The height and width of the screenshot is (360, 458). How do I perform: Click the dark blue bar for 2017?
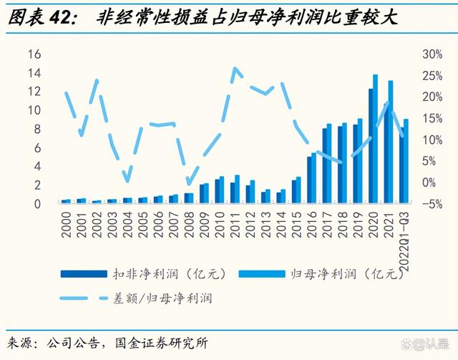tap(325, 165)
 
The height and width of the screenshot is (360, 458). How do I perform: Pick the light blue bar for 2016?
tap(313, 177)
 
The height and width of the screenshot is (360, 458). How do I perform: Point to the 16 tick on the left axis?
tap(34, 54)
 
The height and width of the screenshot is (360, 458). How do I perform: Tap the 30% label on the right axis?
tap(432, 54)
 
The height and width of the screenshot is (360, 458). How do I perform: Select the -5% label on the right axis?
tap(432, 203)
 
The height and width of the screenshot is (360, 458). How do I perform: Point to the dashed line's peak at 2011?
tap(235, 69)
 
